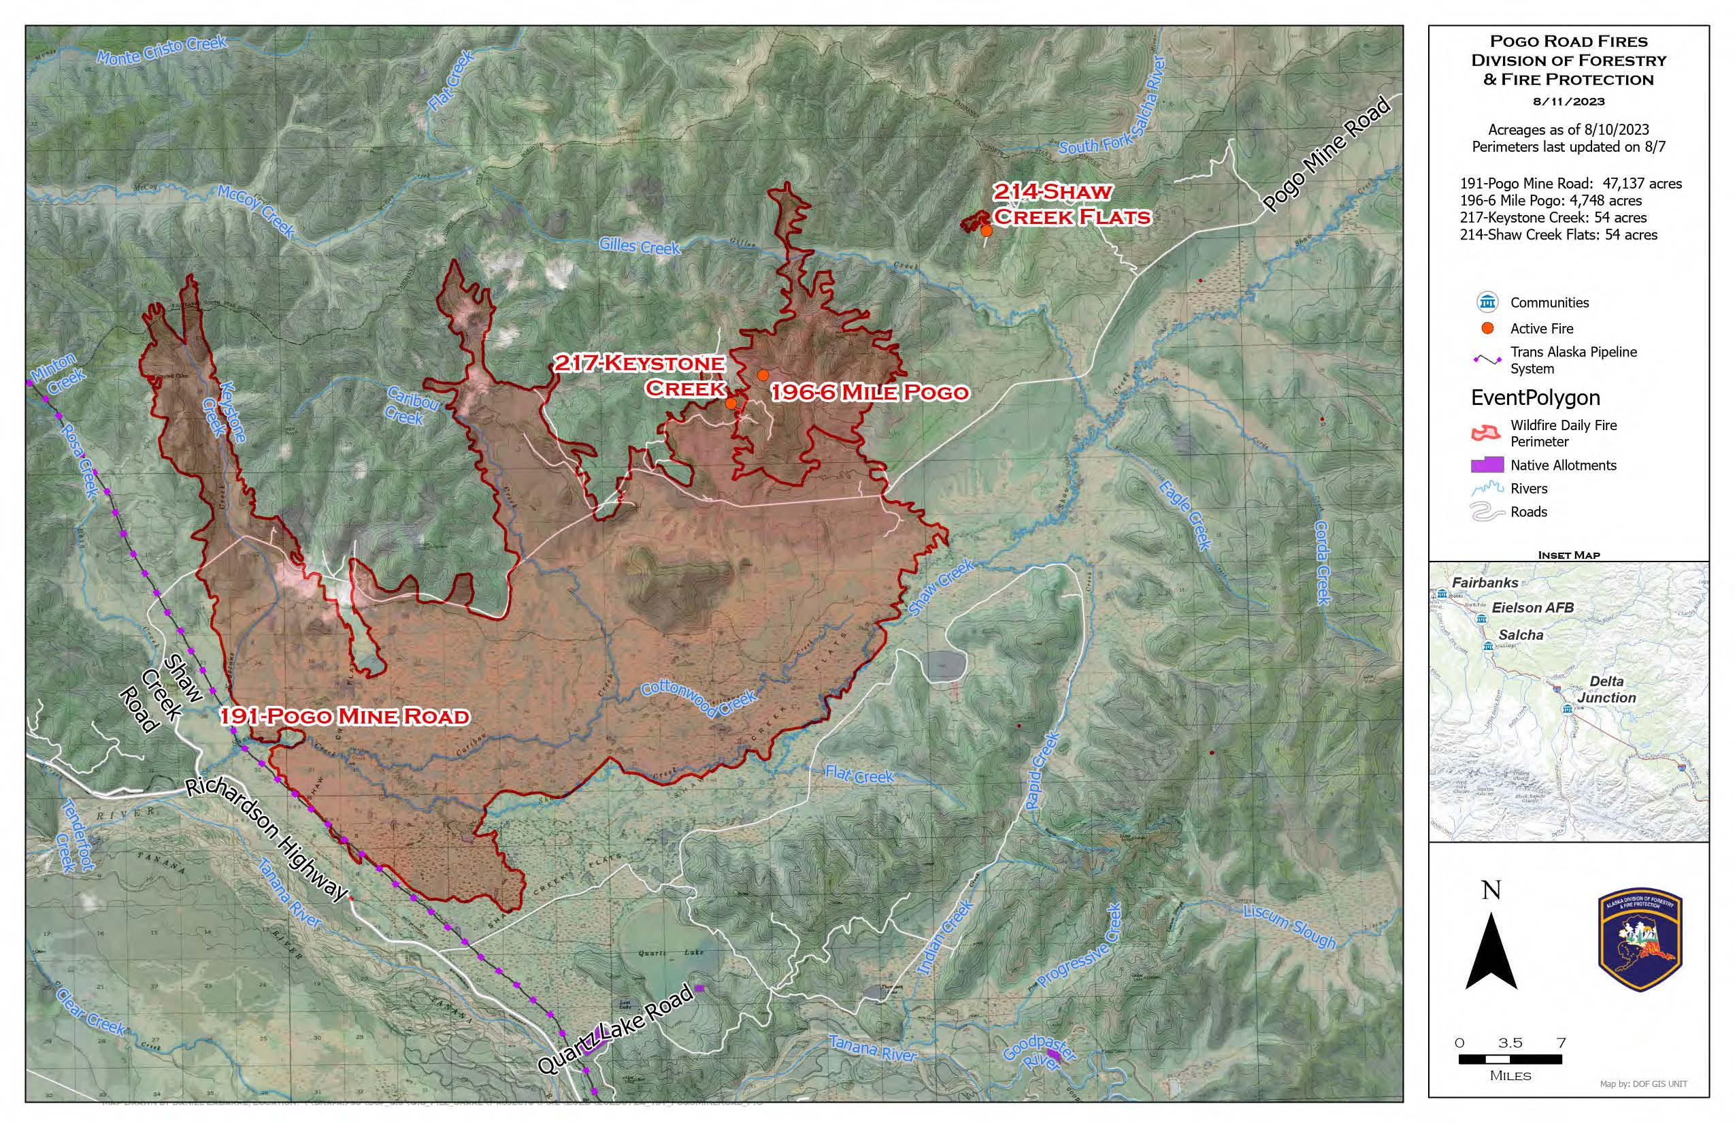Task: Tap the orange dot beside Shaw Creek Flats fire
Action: pyautogui.click(x=986, y=231)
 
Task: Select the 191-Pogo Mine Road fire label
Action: pyautogui.click(x=345, y=716)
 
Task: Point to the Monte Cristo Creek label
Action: pyautogui.click(x=162, y=50)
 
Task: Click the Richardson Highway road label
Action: pyautogui.click(x=267, y=839)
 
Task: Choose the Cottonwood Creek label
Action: pyautogui.click(x=698, y=696)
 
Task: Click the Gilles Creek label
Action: pyautogui.click(x=640, y=246)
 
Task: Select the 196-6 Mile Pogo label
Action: pyautogui.click(x=870, y=392)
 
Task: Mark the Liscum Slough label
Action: pyautogui.click(x=1289, y=927)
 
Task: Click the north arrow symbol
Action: pyautogui.click(x=1491, y=948)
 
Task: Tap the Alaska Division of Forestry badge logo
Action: pyautogui.click(x=1640, y=939)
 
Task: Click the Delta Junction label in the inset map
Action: pyautogui.click(x=1606, y=689)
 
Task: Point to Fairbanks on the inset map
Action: pyautogui.click(x=1484, y=583)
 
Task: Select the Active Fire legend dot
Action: pyautogui.click(x=1487, y=328)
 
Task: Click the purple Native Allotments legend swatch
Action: pyautogui.click(x=1487, y=464)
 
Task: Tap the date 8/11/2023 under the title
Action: pyautogui.click(x=1568, y=101)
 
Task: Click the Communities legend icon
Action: pyautogui.click(x=1487, y=302)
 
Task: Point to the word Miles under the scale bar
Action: pyautogui.click(x=1510, y=1075)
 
